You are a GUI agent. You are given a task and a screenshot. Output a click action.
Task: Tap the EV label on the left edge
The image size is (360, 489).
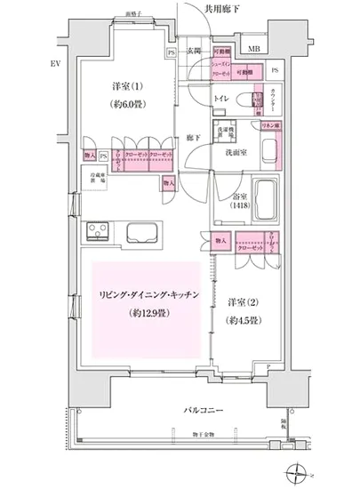[x=30, y=65]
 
